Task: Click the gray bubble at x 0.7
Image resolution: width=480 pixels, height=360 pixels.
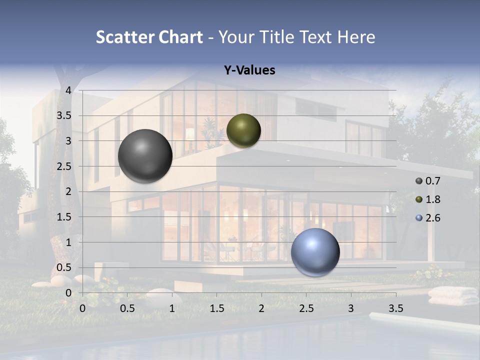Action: pyautogui.click(x=145, y=156)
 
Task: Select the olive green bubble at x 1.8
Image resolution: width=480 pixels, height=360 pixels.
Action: pyautogui.click(x=243, y=131)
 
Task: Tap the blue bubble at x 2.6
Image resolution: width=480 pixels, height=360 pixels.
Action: pyautogui.click(x=315, y=252)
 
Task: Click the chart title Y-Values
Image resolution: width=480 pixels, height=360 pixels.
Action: pyautogui.click(x=249, y=70)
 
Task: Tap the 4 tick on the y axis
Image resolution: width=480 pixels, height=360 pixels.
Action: pyautogui.click(x=68, y=90)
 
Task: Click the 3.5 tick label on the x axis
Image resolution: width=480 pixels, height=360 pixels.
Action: pyautogui.click(x=395, y=308)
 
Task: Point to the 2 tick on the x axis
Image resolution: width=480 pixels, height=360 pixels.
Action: pyautogui.click(x=261, y=308)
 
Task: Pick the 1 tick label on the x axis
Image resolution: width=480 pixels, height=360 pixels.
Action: pyautogui.click(x=172, y=308)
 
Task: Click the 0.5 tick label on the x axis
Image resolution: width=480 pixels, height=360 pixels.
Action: pyautogui.click(x=127, y=308)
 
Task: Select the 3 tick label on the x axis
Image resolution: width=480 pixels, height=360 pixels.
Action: pyautogui.click(x=351, y=308)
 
